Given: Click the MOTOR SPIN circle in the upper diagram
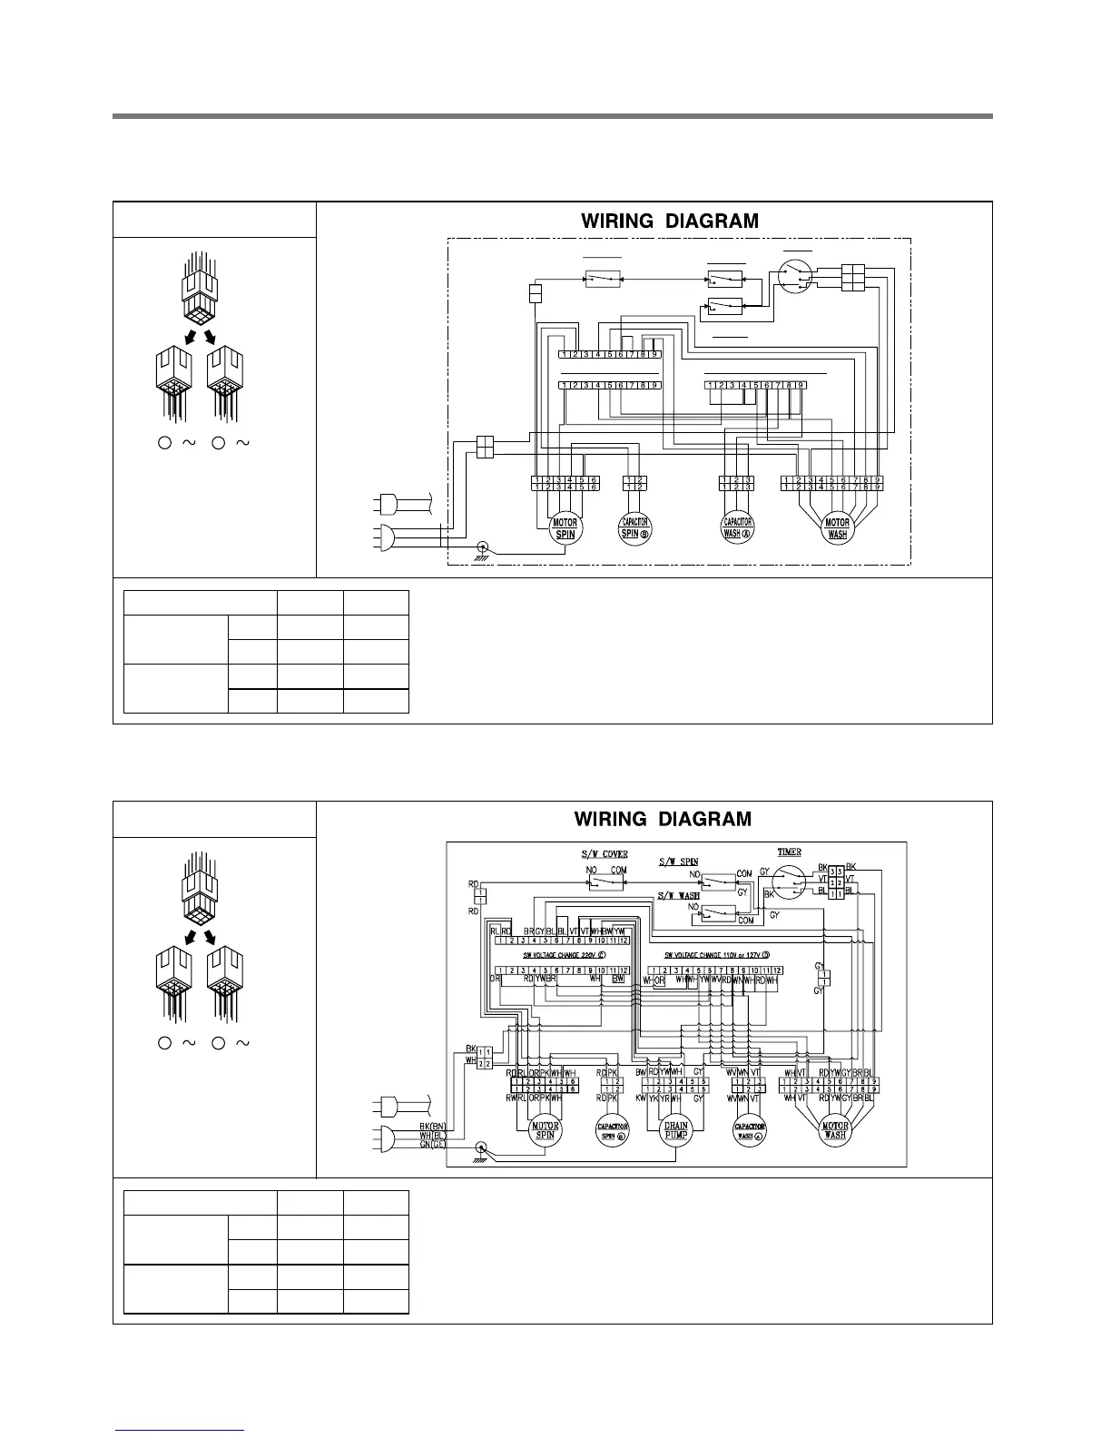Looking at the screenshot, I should pyautogui.click(x=565, y=528).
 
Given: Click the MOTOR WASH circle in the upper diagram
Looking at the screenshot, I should pyautogui.click(x=837, y=528).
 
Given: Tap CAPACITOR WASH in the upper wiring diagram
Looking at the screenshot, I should pyautogui.click(x=738, y=528).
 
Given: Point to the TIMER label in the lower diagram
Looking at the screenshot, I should pyautogui.click(x=789, y=852).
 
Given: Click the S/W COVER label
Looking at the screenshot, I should pyautogui.click(x=605, y=855).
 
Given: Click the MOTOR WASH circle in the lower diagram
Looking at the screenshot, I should pyautogui.click(x=835, y=1131).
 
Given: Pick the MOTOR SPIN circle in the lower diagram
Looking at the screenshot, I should pyautogui.click(x=546, y=1131).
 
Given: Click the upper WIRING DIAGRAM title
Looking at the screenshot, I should pyautogui.click(x=669, y=221).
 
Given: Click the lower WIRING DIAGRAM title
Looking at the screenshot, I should pyautogui.click(x=663, y=819).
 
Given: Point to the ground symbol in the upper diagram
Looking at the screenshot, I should pyautogui.click(x=484, y=548).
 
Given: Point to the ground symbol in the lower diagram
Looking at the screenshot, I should pyautogui.click(x=482, y=1148).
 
